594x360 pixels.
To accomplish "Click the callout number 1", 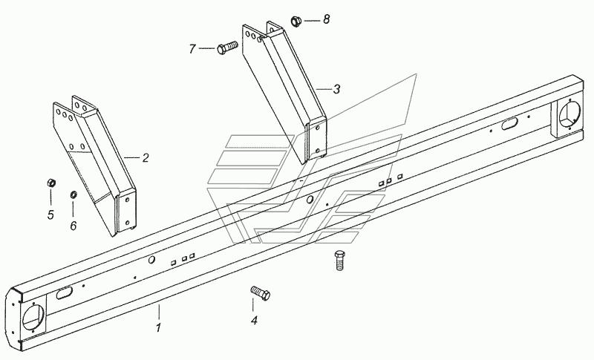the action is tap(158, 327).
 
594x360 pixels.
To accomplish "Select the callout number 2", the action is tap(146, 158).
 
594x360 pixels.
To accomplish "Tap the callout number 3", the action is tap(336, 89).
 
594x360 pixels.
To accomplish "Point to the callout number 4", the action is tap(254, 320).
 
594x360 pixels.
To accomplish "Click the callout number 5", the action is tap(50, 215).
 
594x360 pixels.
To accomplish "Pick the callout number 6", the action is tap(73, 226).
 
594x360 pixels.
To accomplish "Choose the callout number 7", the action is tap(192, 49).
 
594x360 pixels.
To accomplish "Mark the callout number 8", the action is tap(326, 19).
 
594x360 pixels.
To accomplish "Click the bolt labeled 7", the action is tap(227, 48).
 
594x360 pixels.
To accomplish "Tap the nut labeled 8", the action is tap(296, 21).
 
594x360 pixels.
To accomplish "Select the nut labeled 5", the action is tap(51, 183).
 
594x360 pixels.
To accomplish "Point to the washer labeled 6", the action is tap(73, 194).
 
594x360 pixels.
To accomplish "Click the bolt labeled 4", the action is tap(261, 293).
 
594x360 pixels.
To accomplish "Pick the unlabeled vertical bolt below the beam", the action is tap(340, 260).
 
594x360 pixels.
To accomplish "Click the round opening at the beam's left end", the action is tap(33, 317).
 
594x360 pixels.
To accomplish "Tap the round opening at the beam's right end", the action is tap(569, 113).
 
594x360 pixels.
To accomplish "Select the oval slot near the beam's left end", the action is tap(64, 292).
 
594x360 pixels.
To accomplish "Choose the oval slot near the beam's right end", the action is tap(509, 123).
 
